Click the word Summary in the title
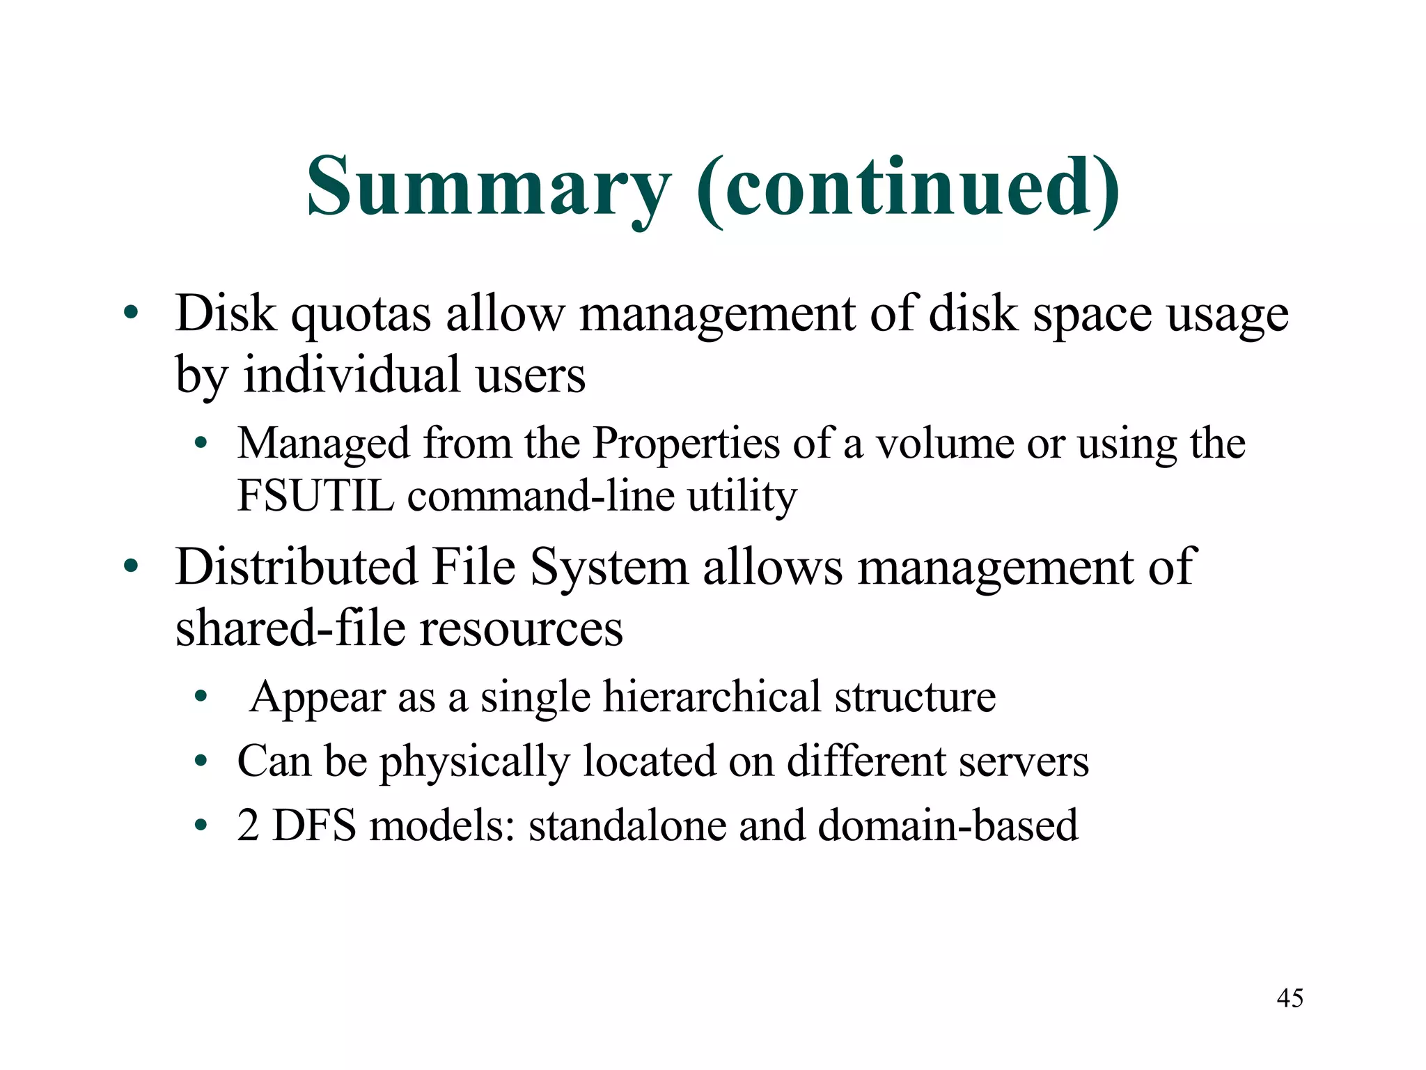488,187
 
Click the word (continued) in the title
908,187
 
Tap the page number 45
1290,998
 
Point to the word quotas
361,315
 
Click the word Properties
686,444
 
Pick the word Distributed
296,566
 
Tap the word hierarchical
712,697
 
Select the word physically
474,761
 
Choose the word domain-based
948,825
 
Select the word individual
352,375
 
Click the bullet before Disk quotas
131,314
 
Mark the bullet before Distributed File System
131,566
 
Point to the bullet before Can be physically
201,761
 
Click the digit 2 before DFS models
248,825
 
